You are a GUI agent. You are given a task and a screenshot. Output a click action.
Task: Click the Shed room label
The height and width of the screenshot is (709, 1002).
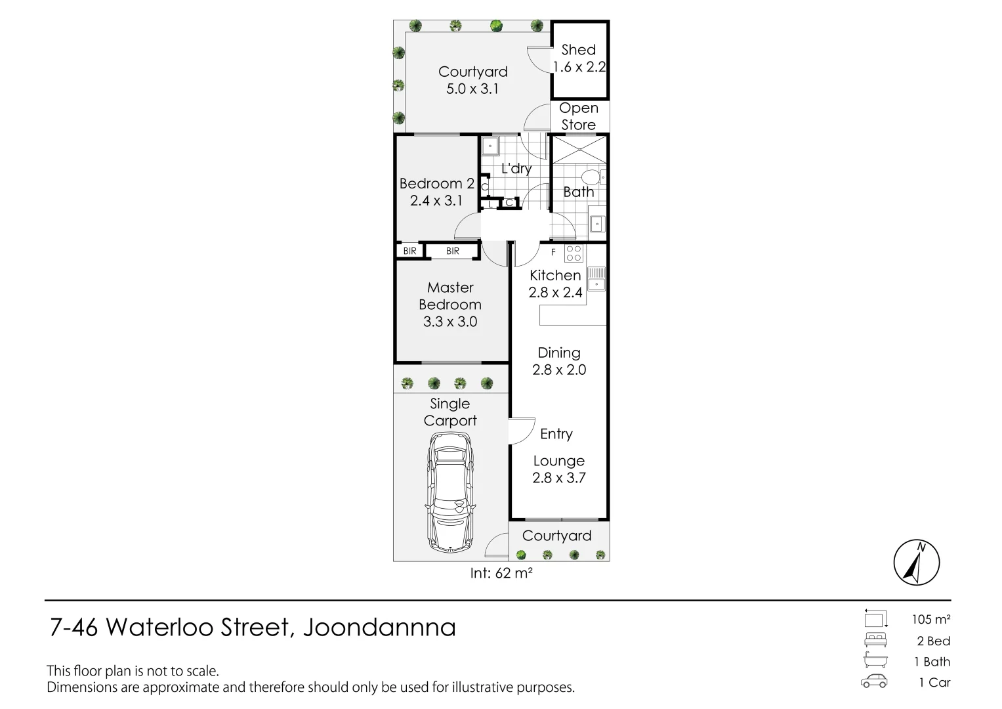click(x=578, y=50)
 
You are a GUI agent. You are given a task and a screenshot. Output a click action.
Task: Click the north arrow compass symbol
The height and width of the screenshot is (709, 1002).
click(x=917, y=563)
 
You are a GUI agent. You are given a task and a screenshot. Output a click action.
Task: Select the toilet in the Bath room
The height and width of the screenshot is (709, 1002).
click(x=593, y=177)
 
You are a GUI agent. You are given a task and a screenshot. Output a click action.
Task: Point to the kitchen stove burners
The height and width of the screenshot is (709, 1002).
click(x=573, y=253)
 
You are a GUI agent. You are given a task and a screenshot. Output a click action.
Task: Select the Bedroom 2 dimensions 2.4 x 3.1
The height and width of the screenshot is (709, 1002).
click(x=436, y=201)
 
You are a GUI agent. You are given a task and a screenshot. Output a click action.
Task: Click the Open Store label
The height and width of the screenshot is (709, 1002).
click(x=578, y=116)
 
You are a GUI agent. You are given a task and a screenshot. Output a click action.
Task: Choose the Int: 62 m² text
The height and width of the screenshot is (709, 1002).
click(x=501, y=573)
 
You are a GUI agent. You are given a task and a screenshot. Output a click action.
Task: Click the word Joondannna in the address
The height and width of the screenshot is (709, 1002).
click(x=379, y=628)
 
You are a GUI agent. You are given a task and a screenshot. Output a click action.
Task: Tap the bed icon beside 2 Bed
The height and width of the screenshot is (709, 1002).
click(x=875, y=641)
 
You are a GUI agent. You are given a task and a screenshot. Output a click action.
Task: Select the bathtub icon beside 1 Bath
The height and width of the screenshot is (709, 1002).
click(x=875, y=661)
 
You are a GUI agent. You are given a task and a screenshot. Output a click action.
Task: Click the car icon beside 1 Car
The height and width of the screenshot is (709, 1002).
click(x=874, y=682)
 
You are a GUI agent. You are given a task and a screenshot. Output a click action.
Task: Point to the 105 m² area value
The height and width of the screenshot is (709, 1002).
click(x=930, y=619)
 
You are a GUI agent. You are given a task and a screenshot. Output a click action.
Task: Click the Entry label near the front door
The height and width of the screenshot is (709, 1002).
click(x=556, y=434)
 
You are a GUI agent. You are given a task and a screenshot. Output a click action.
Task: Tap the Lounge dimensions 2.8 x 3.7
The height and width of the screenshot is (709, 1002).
click(x=558, y=478)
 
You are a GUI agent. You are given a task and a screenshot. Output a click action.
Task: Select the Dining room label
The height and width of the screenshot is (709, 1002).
click(x=558, y=353)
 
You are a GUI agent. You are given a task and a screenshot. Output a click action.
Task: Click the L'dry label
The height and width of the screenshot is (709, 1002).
click(x=516, y=169)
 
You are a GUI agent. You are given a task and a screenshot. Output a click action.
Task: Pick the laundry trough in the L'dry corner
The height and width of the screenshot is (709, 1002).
click(x=490, y=146)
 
